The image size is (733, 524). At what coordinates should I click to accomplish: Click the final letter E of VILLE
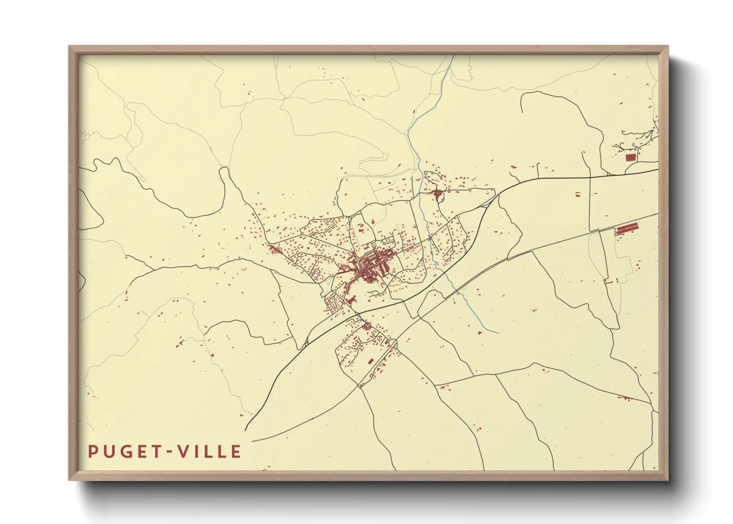pyautogui.click(x=236, y=451)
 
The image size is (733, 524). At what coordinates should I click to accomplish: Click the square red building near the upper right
pyautogui.click(x=630, y=157)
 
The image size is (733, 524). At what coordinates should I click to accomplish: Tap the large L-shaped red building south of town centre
pyautogui.click(x=352, y=300)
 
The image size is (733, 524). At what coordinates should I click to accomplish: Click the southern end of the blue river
pyautogui.click(x=497, y=332)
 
